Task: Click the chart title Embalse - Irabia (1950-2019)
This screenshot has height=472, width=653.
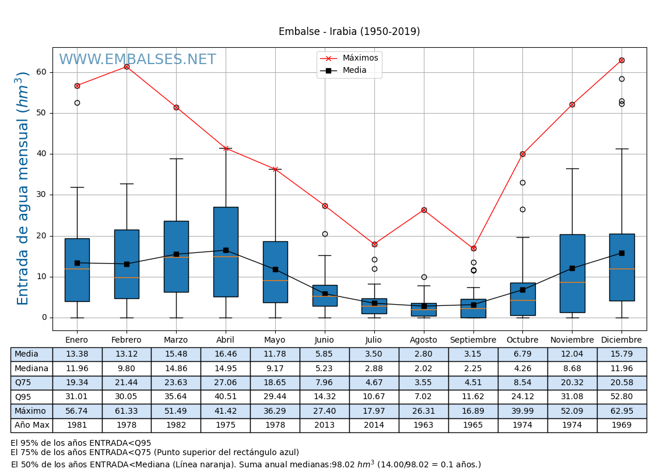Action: [349, 31]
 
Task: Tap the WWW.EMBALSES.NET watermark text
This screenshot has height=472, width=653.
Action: [137, 60]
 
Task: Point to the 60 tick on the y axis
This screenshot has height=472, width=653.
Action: [41, 72]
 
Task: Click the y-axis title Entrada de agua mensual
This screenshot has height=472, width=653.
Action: [23, 188]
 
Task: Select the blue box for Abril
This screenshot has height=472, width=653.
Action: [226, 252]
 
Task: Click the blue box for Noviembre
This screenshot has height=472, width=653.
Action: [572, 273]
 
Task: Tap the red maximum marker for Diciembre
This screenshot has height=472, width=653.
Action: [622, 60]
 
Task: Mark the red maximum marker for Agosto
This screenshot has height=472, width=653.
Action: [424, 210]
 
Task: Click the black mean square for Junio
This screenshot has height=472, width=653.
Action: [325, 294]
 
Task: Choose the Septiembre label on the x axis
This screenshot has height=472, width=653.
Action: [473, 340]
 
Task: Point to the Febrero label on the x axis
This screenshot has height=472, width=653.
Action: [127, 340]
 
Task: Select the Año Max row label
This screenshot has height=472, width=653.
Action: [31, 425]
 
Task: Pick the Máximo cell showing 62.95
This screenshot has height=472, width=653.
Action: [622, 411]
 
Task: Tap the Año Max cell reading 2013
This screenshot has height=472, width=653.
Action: [325, 425]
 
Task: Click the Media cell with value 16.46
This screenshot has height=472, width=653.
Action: [226, 354]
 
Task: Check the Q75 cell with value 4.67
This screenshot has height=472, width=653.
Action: [374, 383]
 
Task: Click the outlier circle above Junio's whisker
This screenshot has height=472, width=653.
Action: [325, 234]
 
